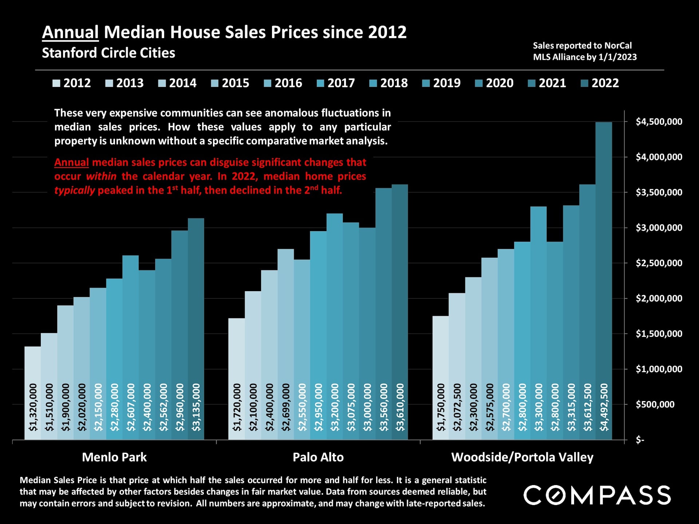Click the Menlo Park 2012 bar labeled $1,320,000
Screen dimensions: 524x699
[33, 393]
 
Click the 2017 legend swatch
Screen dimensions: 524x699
[321, 83]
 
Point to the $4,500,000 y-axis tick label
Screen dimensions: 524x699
[659, 122]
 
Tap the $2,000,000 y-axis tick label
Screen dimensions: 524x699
[659, 298]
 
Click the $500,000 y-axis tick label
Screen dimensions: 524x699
[655, 404]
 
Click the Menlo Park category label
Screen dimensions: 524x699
[114, 457]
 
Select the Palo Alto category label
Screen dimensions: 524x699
[318, 457]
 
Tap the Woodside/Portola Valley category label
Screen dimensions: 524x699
[522, 457]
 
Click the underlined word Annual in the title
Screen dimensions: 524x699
[70, 32]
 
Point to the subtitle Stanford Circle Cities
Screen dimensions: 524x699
[108, 53]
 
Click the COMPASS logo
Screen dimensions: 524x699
[597, 495]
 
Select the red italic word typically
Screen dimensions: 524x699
[75, 190]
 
